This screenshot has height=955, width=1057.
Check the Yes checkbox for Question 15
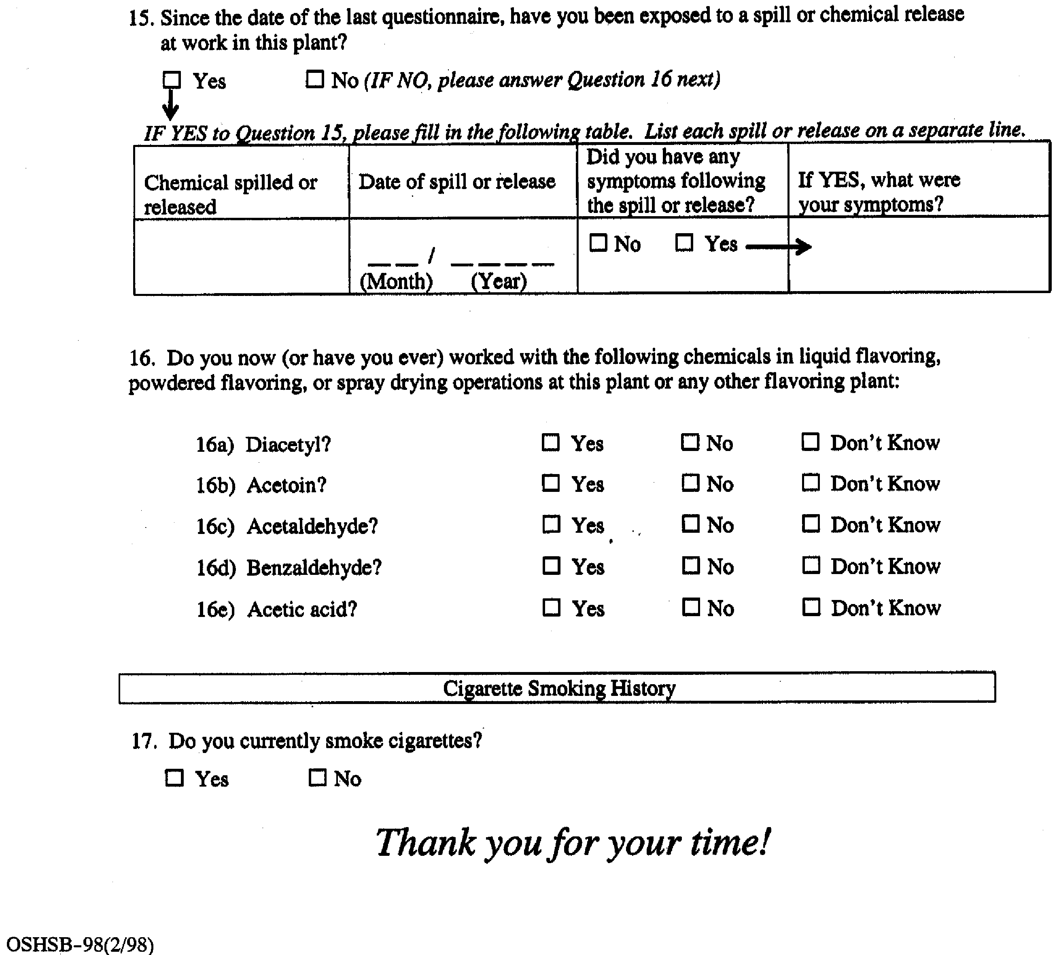(172, 80)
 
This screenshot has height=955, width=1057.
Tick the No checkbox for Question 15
(314, 79)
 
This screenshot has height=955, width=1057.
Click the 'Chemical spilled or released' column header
(231, 194)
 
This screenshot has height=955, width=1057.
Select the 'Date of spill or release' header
(456, 181)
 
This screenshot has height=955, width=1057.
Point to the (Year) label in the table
(499, 282)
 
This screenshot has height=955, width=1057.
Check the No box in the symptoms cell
(598, 243)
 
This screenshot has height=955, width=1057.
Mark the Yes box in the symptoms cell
(684, 243)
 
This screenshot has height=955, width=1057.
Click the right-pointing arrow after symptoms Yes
(778, 246)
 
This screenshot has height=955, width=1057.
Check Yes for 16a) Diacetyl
(550, 442)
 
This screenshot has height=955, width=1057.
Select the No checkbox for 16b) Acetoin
(690, 483)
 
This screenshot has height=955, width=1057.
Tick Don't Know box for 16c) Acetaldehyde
(811, 523)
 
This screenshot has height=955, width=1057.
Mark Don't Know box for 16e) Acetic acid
(811, 607)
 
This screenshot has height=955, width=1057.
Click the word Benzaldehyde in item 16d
(314, 568)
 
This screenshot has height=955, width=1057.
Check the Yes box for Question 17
(174, 777)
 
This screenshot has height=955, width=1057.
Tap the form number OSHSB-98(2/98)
(80, 944)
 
